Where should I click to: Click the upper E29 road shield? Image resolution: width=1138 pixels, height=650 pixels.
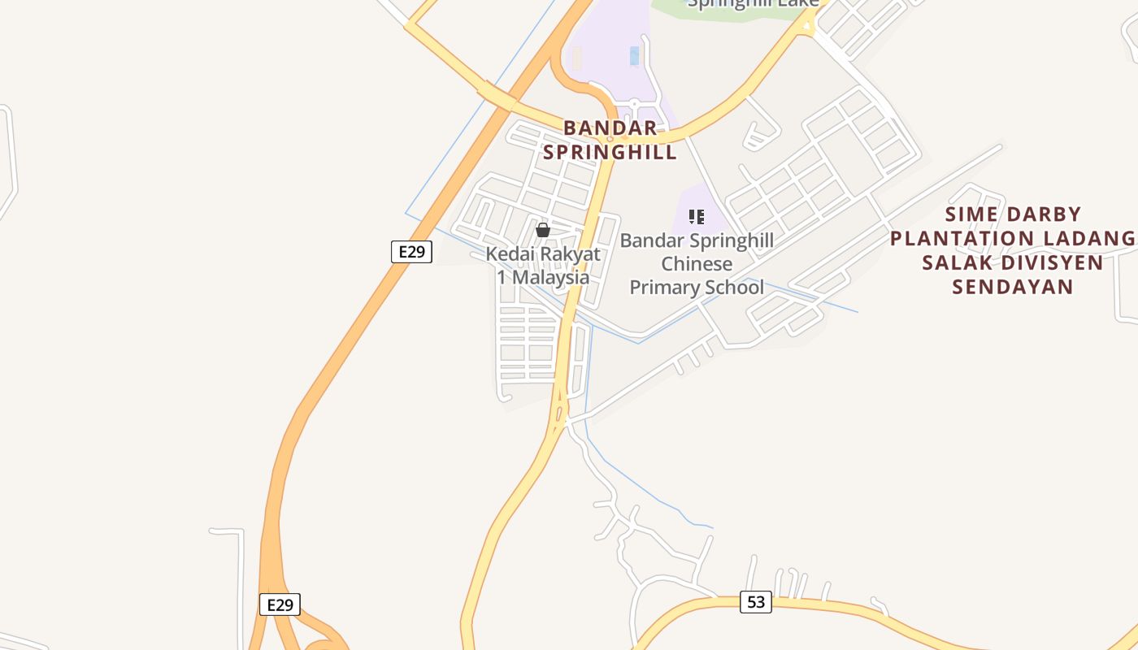[x=411, y=252]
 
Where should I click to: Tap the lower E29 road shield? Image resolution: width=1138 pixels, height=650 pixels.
[x=280, y=604]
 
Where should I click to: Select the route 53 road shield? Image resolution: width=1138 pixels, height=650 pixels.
[x=755, y=602]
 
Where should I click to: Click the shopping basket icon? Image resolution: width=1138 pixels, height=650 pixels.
[x=543, y=231]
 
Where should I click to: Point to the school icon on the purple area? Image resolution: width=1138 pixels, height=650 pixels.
[x=697, y=217]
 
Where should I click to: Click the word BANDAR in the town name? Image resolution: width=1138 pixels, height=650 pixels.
[x=610, y=128]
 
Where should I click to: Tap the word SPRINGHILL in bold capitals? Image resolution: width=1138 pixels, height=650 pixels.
[x=610, y=152]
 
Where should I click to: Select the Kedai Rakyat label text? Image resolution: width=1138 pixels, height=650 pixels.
[x=543, y=253]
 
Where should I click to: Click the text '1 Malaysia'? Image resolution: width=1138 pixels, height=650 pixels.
[x=543, y=276]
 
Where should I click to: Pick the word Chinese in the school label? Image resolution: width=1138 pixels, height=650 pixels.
[x=697, y=264]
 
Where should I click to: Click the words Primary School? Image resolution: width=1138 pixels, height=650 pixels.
[x=697, y=287]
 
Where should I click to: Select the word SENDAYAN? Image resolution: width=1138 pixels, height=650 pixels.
[x=1013, y=287]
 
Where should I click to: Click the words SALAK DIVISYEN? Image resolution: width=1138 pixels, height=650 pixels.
[x=1013, y=262]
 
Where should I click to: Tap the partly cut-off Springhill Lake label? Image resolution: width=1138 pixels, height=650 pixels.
[x=753, y=4]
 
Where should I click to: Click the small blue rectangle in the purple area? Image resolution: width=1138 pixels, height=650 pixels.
[x=634, y=56]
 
